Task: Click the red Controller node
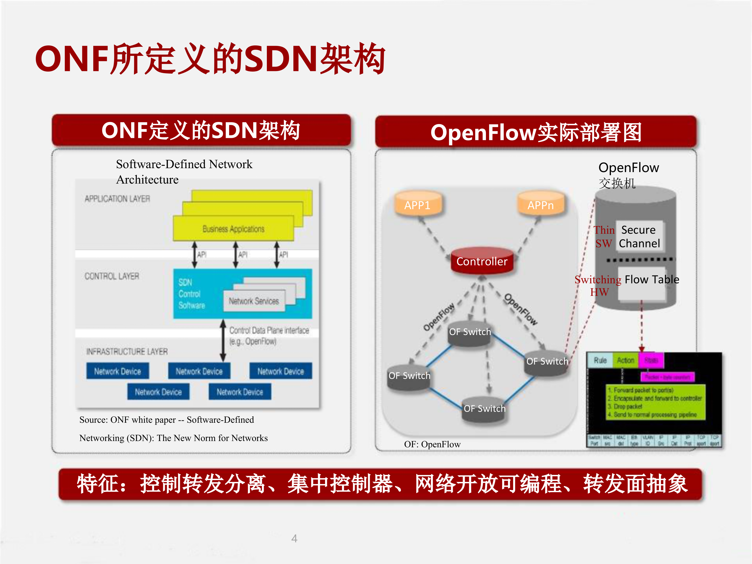tap(481, 261)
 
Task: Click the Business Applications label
tap(233, 229)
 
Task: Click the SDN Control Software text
tap(191, 294)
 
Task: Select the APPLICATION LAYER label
tap(117, 198)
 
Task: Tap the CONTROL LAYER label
tap(112, 276)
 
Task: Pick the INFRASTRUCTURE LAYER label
tap(127, 351)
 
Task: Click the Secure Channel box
tap(639, 237)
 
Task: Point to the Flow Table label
tap(652, 279)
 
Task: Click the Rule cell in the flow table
tap(600, 360)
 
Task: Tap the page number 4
tap(295, 538)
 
